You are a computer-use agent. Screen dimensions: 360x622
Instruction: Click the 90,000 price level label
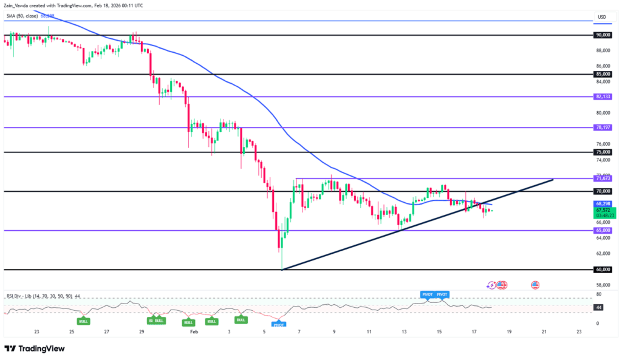click(603, 35)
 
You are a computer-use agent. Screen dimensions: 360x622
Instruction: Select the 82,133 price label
click(603, 97)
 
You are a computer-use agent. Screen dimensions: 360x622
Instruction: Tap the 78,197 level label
click(603, 127)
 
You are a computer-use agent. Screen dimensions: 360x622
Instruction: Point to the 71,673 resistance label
click(603, 179)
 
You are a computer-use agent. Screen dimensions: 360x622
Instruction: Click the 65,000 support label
click(603, 231)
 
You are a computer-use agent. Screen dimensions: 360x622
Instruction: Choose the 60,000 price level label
click(603, 270)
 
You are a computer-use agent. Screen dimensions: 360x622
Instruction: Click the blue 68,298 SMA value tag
click(603, 203)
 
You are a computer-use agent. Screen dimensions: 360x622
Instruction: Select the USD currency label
click(602, 16)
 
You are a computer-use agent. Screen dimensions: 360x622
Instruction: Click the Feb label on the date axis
click(194, 331)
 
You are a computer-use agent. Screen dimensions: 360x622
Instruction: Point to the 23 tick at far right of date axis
click(579, 331)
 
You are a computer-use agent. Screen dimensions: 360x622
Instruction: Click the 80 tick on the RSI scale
click(599, 294)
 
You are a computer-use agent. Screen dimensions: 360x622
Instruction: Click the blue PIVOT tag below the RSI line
click(279, 325)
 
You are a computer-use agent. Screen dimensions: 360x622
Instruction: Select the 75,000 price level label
click(603, 152)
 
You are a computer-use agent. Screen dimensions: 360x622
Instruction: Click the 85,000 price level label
click(603, 74)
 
